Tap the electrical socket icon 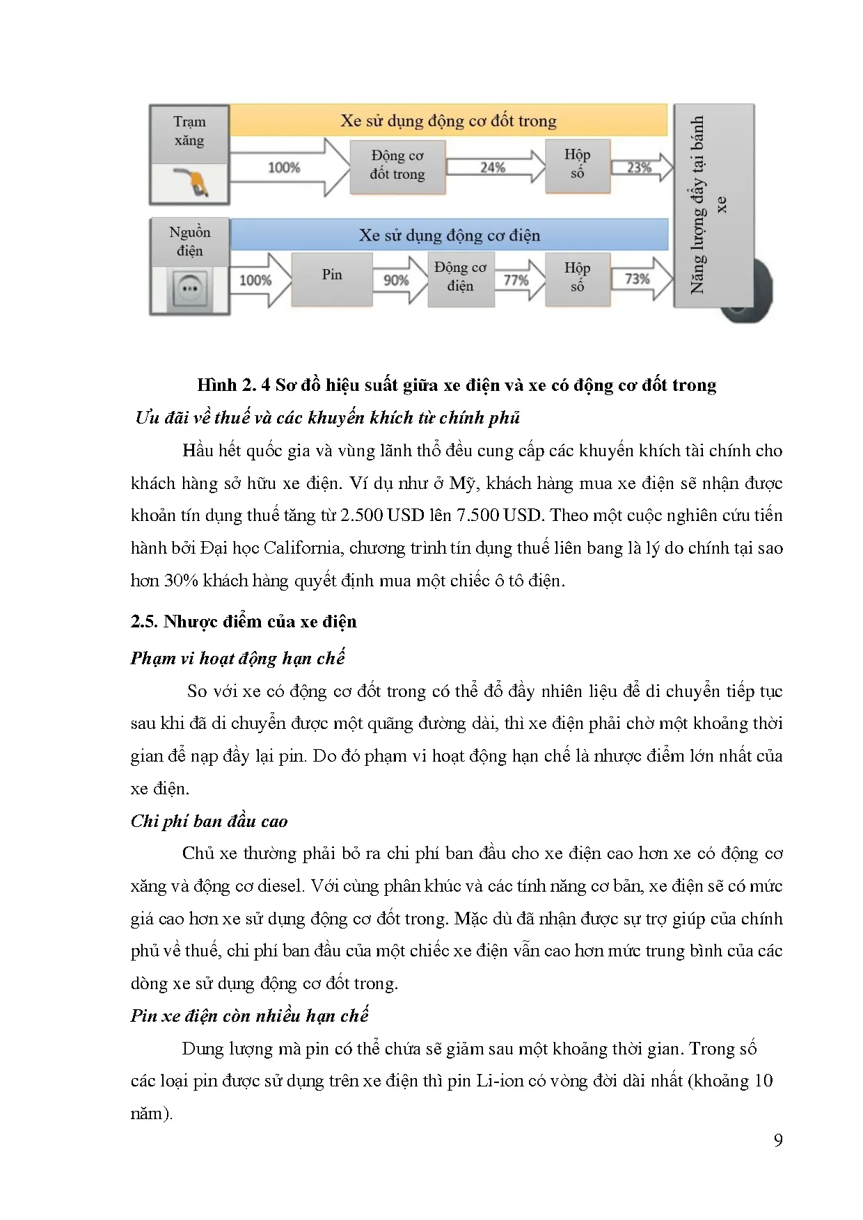[189, 289]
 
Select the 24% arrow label [493, 168]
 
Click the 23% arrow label [639, 168]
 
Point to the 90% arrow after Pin [396, 280]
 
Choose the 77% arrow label [516, 280]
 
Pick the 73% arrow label [637, 279]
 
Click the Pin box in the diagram [332, 275]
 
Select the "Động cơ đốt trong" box [397, 166]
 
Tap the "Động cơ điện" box [460, 277]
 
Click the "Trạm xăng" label [189, 131]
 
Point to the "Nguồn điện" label [189, 241]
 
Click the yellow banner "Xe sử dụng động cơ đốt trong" [448, 121]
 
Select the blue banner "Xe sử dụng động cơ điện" [449, 236]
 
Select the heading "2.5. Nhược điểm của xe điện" [244, 622]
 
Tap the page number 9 [778, 1140]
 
